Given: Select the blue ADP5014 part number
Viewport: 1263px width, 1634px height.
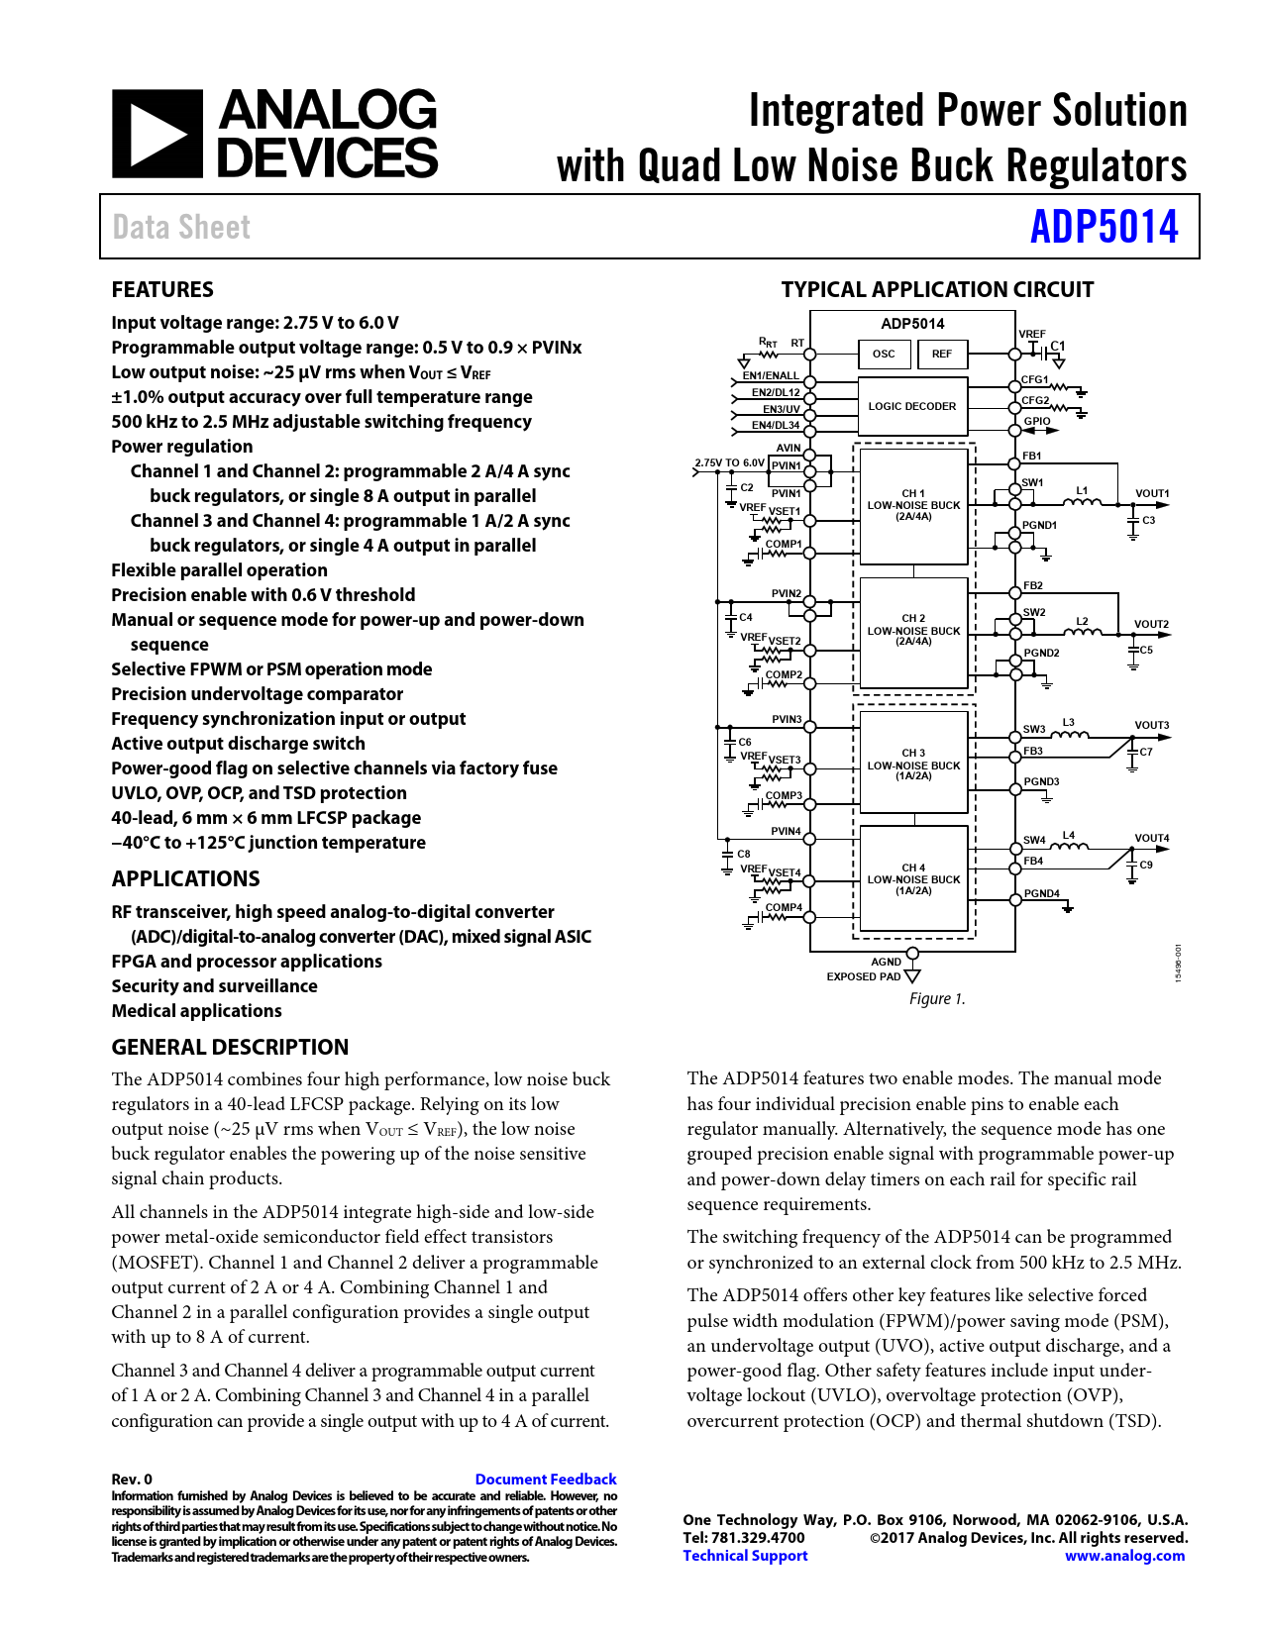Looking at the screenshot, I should [1104, 227].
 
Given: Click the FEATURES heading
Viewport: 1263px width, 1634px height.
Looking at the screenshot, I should [162, 290].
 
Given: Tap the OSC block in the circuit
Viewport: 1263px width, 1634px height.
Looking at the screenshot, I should [884, 354].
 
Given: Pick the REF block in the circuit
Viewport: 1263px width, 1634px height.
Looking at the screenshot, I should [941, 354].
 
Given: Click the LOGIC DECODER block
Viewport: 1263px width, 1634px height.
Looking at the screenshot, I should [912, 406].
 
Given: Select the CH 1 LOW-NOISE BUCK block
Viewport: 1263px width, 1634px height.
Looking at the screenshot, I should [913, 505].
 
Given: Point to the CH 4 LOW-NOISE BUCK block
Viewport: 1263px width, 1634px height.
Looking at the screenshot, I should [913, 879].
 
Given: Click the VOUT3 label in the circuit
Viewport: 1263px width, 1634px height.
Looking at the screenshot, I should [1151, 725].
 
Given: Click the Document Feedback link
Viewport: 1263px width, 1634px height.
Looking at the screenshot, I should [546, 1480].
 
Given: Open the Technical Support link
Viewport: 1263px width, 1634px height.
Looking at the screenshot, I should [745, 1556].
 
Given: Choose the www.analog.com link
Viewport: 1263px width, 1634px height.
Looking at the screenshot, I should [1124, 1556].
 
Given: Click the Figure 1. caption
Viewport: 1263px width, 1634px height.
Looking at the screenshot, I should [937, 999].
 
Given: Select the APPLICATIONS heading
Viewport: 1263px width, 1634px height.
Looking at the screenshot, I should [185, 879].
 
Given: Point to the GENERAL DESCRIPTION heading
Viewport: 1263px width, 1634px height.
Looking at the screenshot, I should [230, 1048].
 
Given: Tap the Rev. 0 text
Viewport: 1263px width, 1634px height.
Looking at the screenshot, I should [132, 1480].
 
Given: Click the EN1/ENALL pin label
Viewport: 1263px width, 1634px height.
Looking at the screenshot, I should [771, 376].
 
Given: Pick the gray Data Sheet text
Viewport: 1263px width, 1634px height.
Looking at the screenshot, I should [181, 228].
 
